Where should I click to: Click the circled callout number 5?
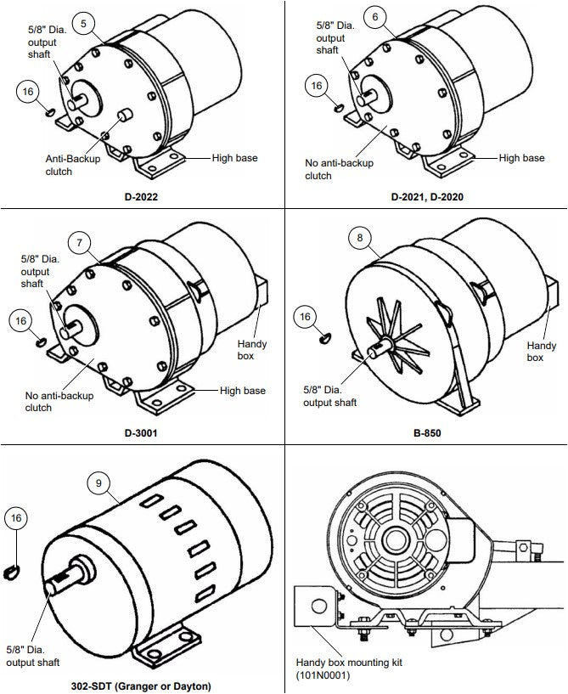[x=83, y=24]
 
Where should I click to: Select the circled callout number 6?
[x=375, y=17]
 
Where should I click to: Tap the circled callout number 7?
[x=79, y=243]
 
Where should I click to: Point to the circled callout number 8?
[x=360, y=238]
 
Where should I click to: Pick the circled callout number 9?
[x=98, y=482]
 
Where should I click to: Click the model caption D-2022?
[x=141, y=197]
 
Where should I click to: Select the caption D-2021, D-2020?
[x=427, y=197]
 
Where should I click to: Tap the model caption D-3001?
[x=141, y=433]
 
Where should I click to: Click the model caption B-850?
[x=427, y=433]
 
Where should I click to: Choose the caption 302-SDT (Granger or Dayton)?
[x=141, y=686]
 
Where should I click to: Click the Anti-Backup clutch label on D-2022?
[x=72, y=165]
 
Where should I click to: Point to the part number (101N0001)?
[x=323, y=675]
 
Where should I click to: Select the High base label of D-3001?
[x=243, y=391]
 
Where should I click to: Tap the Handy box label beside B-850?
[x=542, y=352]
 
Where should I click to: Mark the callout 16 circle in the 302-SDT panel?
[x=16, y=518]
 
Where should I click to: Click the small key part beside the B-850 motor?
[x=325, y=339]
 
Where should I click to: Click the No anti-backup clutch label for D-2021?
[x=339, y=169]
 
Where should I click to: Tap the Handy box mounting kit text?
[x=349, y=663]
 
